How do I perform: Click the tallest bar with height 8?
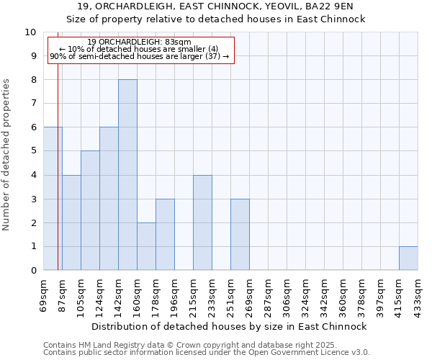tap(127, 175)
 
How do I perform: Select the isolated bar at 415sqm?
tap(408, 258)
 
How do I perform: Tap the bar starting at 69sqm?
tap(53, 199)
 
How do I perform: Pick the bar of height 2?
tap(146, 246)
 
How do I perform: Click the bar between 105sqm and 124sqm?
tap(90, 210)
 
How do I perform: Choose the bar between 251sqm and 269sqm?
tap(240, 235)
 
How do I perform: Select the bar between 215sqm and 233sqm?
tap(202, 222)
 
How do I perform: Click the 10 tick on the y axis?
tap(30, 32)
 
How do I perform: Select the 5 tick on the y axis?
tap(32, 151)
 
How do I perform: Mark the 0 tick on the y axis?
tap(32, 270)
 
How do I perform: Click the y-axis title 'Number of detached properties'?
tap(7, 155)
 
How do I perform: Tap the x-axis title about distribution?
tap(230, 326)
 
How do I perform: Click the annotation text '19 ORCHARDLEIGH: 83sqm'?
tap(139, 42)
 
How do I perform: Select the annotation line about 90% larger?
tap(139, 56)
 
